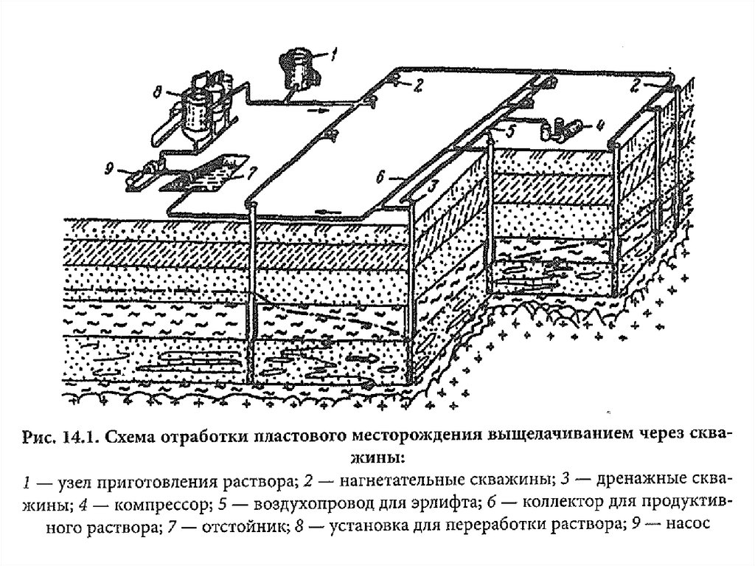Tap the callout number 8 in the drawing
pos(158,92)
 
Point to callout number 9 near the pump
pos(109,169)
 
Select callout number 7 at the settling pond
pos(253,172)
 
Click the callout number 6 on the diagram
pos(380,177)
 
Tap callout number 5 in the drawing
pos(510,129)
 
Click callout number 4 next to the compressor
pos(599,127)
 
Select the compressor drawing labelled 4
pos(560,128)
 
